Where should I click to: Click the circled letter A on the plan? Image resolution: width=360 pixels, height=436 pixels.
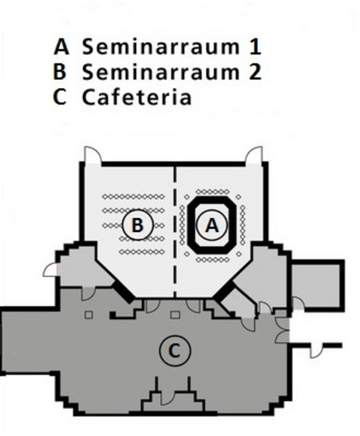click(x=212, y=225)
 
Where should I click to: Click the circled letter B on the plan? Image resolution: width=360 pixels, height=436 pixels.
click(x=137, y=225)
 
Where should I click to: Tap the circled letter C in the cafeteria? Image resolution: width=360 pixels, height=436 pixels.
click(x=175, y=350)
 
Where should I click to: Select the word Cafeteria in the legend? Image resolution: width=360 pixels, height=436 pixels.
click(x=137, y=97)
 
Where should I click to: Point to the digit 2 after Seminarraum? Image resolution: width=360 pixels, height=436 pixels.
click(x=255, y=72)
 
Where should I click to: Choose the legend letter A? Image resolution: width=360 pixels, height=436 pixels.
click(x=61, y=47)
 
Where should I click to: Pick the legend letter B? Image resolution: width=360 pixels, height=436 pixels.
click(x=60, y=72)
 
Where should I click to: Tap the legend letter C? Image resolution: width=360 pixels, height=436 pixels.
click(x=60, y=97)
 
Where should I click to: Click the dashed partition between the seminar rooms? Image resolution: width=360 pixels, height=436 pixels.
click(x=175, y=232)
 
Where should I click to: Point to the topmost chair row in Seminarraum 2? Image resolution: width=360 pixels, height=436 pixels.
click(x=133, y=197)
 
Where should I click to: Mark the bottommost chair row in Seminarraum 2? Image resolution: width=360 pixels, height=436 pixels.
click(x=142, y=252)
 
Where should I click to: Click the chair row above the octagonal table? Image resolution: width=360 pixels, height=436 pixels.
click(x=213, y=192)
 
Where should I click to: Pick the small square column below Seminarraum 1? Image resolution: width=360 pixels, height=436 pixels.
click(x=175, y=315)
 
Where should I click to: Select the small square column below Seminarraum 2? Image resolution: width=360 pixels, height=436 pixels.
click(x=89, y=315)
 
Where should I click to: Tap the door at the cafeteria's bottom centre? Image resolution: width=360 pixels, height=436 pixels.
click(x=167, y=398)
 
